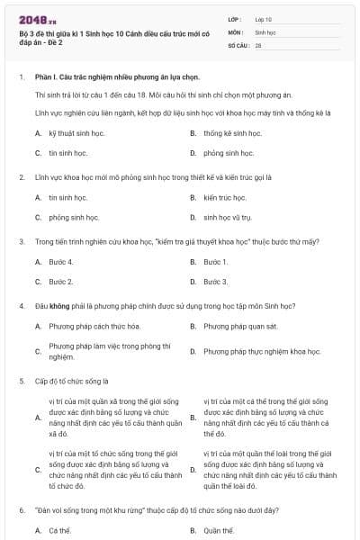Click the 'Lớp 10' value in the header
tap(263, 18)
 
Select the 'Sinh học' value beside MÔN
tap(265, 31)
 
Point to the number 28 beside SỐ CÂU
tap(258, 43)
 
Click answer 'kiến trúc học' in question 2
tap(222, 196)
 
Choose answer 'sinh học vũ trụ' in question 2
tap(228, 217)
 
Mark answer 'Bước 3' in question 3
tap(216, 282)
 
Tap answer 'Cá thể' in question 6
tap(59, 530)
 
